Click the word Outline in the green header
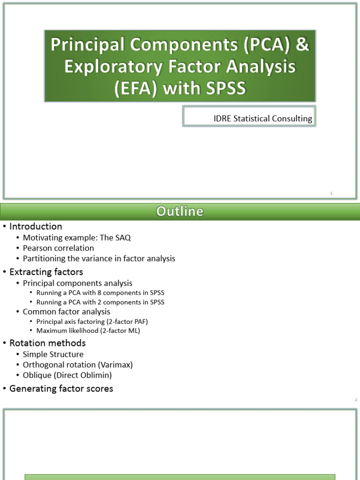click(180, 211)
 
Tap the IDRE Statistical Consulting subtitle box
click(249, 119)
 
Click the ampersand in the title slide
click(302, 46)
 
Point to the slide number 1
click(331, 193)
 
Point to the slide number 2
click(356, 400)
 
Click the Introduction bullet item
click(36, 226)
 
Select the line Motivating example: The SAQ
click(77, 238)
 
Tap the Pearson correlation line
click(58, 248)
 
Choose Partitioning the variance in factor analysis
click(99, 258)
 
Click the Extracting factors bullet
click(46, 271)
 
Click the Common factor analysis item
click(67, 312)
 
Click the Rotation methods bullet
click(47, 343)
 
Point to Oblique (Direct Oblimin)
click(67, 375)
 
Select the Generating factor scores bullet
click(61, 389)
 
